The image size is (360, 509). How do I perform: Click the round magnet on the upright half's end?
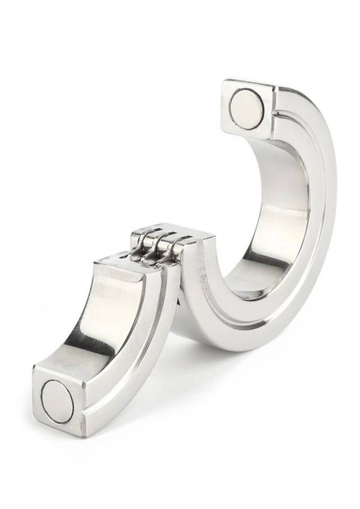click(246, 108)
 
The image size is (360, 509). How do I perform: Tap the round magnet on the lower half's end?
click(59, 399)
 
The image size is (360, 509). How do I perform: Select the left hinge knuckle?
click(145, 252)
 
